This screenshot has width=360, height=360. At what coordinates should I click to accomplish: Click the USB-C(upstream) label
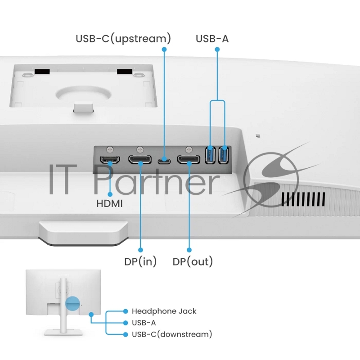pyautogui.click(x=123, y=38)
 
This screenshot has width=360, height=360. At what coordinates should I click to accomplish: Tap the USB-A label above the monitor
pyautogui.click(x=212, y=39)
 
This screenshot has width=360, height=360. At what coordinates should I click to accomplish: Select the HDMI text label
pyautogui.click(x=109, y=204)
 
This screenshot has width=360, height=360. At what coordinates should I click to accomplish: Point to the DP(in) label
pyautogui.click(x=140, y=261)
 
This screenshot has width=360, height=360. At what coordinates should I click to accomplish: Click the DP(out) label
pyautogui.click(x=193, y=261)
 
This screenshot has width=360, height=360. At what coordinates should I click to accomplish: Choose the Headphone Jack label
pyautogui.click(x=164, y=311)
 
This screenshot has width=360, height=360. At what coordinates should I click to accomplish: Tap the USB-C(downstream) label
pyautogui.click(x=172, y=334)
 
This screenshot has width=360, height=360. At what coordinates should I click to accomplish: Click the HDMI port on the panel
pyautogui.click(x=110, y=159)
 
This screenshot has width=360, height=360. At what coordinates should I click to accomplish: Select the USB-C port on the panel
pyautogui.click(x=164, y=160)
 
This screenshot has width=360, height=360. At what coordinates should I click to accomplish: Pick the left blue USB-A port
pyautogui.click(x=210, y=155)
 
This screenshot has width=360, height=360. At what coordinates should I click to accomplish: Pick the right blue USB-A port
pyautogui.click(x=223, y=155)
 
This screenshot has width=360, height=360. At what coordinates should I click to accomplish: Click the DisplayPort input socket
pyautogui.click(x=140, y=160)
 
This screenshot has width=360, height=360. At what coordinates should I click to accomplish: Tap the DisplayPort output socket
pyautogui.click(x=189, y=160)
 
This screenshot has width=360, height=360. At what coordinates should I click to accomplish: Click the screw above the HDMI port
pyautogui.click(x=110, y=150)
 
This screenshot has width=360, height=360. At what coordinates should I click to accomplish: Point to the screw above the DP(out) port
pyautogui.click(x=189, y=150)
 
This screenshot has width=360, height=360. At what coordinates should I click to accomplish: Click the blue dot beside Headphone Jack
pyautogui.click(x=126, y=311)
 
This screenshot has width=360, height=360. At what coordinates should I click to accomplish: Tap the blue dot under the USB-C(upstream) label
pyautogui.click(x=164, y=49)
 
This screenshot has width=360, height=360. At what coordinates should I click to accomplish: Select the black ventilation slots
pyautogui.click(x=303, y=199)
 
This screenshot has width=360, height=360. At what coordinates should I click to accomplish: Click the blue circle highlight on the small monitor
pyautogui.click(x=72, y=303)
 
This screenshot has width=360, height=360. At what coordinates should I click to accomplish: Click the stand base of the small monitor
pyautogui.click(x=63, y=333)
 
